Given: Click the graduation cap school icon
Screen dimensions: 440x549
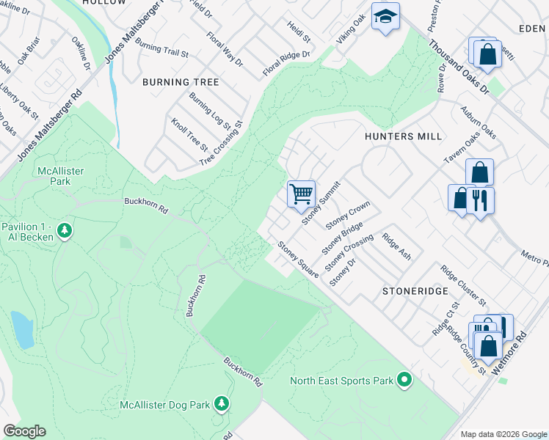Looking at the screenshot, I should [x=385, y=18].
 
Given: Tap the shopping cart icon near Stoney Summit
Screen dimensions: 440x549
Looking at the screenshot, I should [x=301, y=194].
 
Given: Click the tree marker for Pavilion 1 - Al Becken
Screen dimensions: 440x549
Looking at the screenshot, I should [x=65, y=231].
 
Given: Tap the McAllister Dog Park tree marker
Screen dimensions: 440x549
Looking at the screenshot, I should [x=221, y=403].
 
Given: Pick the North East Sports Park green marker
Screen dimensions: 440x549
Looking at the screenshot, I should [x=403, y=380].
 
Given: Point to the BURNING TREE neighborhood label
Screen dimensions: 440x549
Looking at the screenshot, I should [x=181, y=82].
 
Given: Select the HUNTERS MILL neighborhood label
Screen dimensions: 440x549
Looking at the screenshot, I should [x=403, y=136].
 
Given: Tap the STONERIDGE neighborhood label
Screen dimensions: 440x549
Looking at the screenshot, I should [x=415, y=290].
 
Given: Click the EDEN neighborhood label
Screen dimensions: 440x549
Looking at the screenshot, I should [x=532, y=28].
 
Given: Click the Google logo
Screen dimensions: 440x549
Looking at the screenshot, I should [x=24, y=431].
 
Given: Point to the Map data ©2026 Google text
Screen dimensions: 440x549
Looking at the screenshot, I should [x=503, y=434].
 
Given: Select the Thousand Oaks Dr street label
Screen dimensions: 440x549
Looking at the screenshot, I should [x=459, y=67].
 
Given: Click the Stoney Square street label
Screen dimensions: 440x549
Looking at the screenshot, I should [x=297, y=259].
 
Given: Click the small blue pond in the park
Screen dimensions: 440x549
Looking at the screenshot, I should [x=21, y=329].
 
